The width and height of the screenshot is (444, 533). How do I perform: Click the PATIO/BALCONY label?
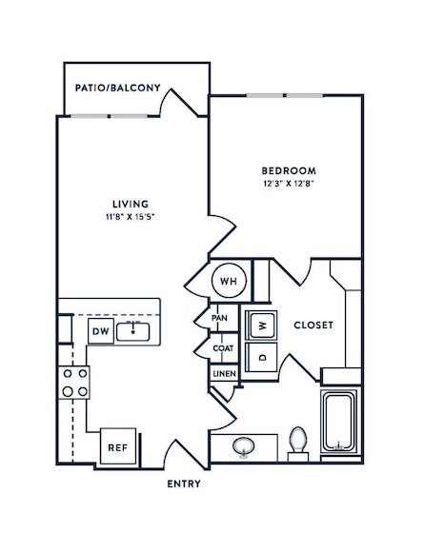[x=118, y=88]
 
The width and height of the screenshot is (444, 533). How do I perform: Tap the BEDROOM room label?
[x=289, y=170]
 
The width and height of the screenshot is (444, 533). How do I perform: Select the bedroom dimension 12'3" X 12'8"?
[x=289, y=184]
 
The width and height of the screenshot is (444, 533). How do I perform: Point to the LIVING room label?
[x=131, y=204]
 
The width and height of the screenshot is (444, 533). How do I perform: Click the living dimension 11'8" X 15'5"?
[x=131, y=217]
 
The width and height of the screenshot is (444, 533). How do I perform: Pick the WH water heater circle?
[x=229, y=281]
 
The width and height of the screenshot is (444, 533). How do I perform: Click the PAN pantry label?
[x=219, y=318]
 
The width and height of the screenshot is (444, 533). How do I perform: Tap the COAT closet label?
[x=223, y=348]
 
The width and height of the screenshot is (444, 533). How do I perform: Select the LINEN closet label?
[x=225, y=373]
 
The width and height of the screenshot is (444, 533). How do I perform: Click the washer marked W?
[x=262, y=326]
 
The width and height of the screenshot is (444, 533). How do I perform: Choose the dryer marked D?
[x=261, y=357]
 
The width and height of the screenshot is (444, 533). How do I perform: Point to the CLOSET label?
[x=313, y=325]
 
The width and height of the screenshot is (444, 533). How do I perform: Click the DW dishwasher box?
[x=101, y=331]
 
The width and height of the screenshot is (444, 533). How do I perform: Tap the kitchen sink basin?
[x=133, y=332]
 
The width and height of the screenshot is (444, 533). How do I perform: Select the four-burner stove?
[x=74, y=383]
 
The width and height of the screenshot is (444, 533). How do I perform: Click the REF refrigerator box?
[x=118, y=446]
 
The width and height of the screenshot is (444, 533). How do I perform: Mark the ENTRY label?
[x=184, y=484]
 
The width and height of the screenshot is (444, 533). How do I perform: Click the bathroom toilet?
[x=298, y=444]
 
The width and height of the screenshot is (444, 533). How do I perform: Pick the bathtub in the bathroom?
[x=338, y=422]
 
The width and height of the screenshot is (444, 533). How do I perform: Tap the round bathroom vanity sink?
[x=244, y=446]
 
